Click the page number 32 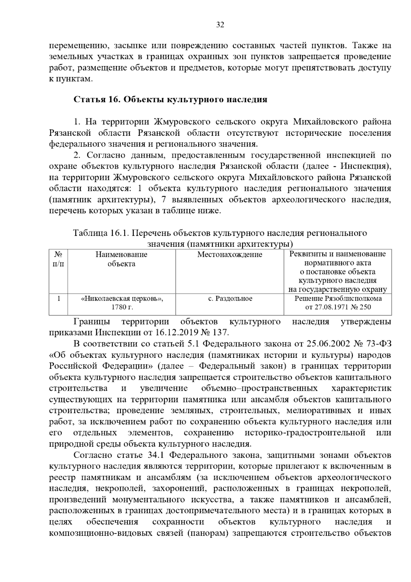point(220,25)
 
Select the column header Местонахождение point(229,254)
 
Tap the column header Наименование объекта point(121,259)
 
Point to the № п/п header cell point(59,259)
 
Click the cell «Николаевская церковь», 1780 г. point(122,303)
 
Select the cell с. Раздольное point(230,299)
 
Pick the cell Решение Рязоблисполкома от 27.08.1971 point(338,303)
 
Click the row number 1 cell point(59,299)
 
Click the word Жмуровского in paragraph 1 point(182,122)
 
